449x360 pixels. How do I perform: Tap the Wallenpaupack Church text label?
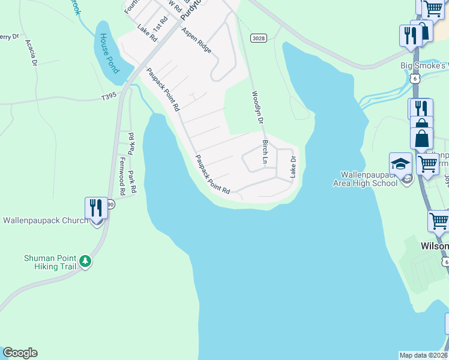[x=46, y=221]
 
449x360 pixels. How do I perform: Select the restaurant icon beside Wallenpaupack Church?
[x=96, y=208]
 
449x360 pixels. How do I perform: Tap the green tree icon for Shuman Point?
[x=86, y=262]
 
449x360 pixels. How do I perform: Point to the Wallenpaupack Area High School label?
[x=366, y=178]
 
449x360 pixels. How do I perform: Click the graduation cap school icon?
[x=400, y=163]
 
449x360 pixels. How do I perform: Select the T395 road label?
[x=109, y=97]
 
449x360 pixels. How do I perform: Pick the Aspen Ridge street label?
[x=196, y=40]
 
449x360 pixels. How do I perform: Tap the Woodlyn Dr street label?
[x=258, y=109]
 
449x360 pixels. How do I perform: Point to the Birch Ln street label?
[x=265, y=152]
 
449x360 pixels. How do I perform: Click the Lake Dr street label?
[x=294, y=167]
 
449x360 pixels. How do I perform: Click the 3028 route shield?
[x=258, y=38]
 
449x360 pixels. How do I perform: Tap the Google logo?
[x=20, y=353]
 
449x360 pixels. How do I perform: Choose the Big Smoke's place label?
[x=424, y=65]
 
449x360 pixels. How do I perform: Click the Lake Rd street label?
[x=146, y=33]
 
